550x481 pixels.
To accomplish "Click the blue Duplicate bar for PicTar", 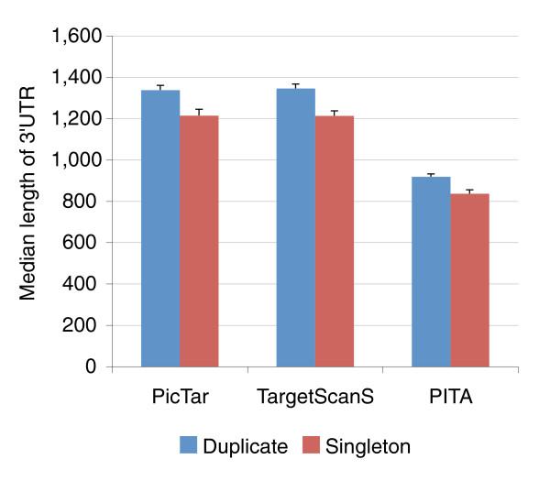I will pos(160,228).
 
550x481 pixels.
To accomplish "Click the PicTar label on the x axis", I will pos(180,400).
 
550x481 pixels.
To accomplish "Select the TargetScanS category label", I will pos(314,400).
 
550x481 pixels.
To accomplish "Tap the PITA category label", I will pos(450,400).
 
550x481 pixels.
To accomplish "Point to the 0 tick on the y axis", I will pos(93,366).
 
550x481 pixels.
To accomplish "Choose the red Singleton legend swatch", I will pos(307,446).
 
